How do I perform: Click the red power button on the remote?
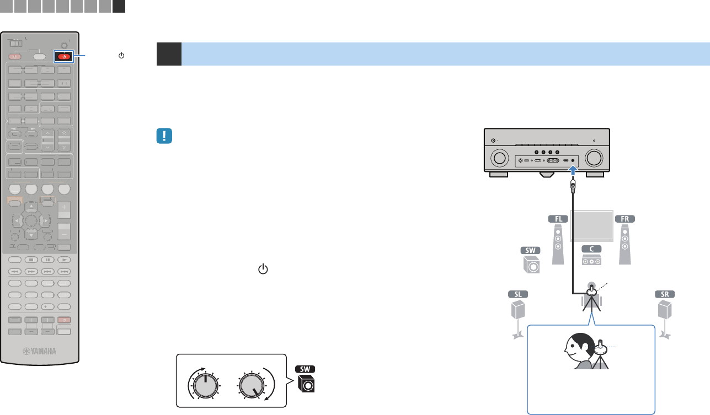pyautogui.click(x=65, y=56)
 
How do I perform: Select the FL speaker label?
pyautogui.click(x=558, y=218)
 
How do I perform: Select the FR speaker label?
pyautogui.click(x=625, y=218)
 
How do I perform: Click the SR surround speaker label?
pyautogui.click(x=666, y=294)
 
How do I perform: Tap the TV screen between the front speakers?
pyautogui.click(x=591, y=225)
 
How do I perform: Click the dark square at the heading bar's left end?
pyautogui.click(x=169, y=54)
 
